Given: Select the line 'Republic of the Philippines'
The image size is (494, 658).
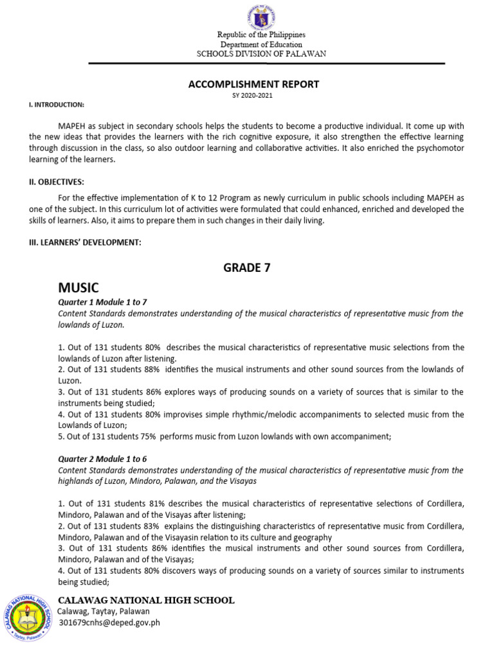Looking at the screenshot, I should click(x=261, y=35).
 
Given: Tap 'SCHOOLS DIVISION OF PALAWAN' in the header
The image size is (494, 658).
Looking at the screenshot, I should click(x=261, y=54).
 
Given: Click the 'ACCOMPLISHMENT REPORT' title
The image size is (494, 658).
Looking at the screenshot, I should click(x=253, y=84).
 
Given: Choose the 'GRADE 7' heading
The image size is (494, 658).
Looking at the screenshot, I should click(x=247, y=268).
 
